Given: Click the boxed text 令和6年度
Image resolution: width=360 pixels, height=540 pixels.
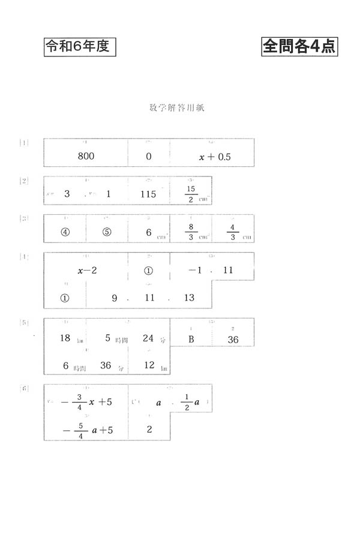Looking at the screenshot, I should pyautogui.click(x=79, y=47).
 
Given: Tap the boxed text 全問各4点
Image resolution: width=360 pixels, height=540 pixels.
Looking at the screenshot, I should pyautogui.click(x=299, y=47).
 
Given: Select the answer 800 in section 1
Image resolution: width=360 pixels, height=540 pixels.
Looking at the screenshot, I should pyautogui.click(x=86, y=157).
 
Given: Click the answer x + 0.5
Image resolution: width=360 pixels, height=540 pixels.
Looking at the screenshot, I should pyautogui.click(x=215, y=157).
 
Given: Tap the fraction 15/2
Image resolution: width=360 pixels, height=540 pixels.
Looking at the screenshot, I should pyautogui.click(x=191, y=194).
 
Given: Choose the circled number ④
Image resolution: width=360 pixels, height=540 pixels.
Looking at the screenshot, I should pyautogui.click(x=64, y=233).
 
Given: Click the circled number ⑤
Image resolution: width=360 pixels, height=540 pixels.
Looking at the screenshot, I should pyautogui.click(x=107, y=233).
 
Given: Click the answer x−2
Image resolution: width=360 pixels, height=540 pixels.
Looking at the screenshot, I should pyautogui.click(x=87, y=271).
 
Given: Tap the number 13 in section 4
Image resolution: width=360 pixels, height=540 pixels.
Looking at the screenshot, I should pyautogui.click(x=190, y=298).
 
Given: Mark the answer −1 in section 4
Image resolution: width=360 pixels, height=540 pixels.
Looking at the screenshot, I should pyautogui.click(x=194, y=271).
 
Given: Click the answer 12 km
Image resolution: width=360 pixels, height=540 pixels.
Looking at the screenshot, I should pyautogui.click(x=151, y=365).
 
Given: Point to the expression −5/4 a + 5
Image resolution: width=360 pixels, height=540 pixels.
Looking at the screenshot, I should pyautogui.click(x=87, y=430).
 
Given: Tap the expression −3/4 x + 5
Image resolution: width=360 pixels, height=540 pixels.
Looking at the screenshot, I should pyautogui.click(x=87, y=402).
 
